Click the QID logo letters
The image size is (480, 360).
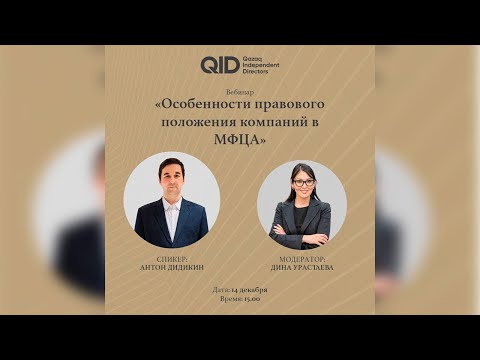pos(219,66)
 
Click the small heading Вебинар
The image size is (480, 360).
pos(240,90)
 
